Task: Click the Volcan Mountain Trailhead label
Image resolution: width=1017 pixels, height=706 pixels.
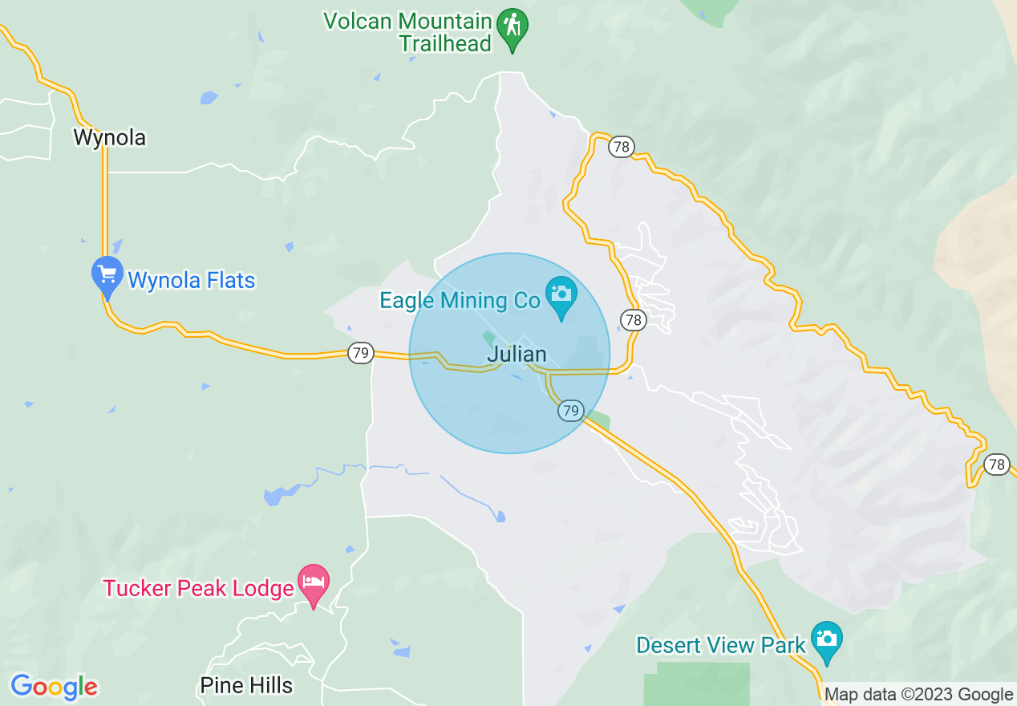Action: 407,31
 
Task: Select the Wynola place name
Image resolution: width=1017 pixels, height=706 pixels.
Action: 110,138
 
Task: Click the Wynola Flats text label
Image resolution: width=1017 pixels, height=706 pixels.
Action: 192,281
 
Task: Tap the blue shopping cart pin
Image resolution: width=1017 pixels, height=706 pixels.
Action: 107,274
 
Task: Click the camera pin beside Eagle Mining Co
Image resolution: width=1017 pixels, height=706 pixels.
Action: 561,294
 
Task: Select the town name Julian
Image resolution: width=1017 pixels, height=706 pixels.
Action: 517,354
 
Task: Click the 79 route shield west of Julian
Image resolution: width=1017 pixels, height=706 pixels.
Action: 361,352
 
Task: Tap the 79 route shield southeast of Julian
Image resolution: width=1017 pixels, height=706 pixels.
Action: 570,411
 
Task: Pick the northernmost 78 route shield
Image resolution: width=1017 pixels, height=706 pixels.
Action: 621,147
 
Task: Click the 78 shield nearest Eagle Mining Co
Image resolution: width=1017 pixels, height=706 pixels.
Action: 634,320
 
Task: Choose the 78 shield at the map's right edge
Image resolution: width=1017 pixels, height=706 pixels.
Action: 997,465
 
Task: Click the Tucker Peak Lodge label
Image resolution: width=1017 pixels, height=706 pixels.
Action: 198,589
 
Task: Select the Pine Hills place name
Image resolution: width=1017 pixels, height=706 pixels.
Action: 246,686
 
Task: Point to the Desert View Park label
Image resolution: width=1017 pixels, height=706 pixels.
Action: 720,645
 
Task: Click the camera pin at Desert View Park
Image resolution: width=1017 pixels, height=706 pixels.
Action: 826,639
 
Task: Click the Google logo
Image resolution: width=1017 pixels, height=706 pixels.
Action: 55,687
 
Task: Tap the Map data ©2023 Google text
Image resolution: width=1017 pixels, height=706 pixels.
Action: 919,695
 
